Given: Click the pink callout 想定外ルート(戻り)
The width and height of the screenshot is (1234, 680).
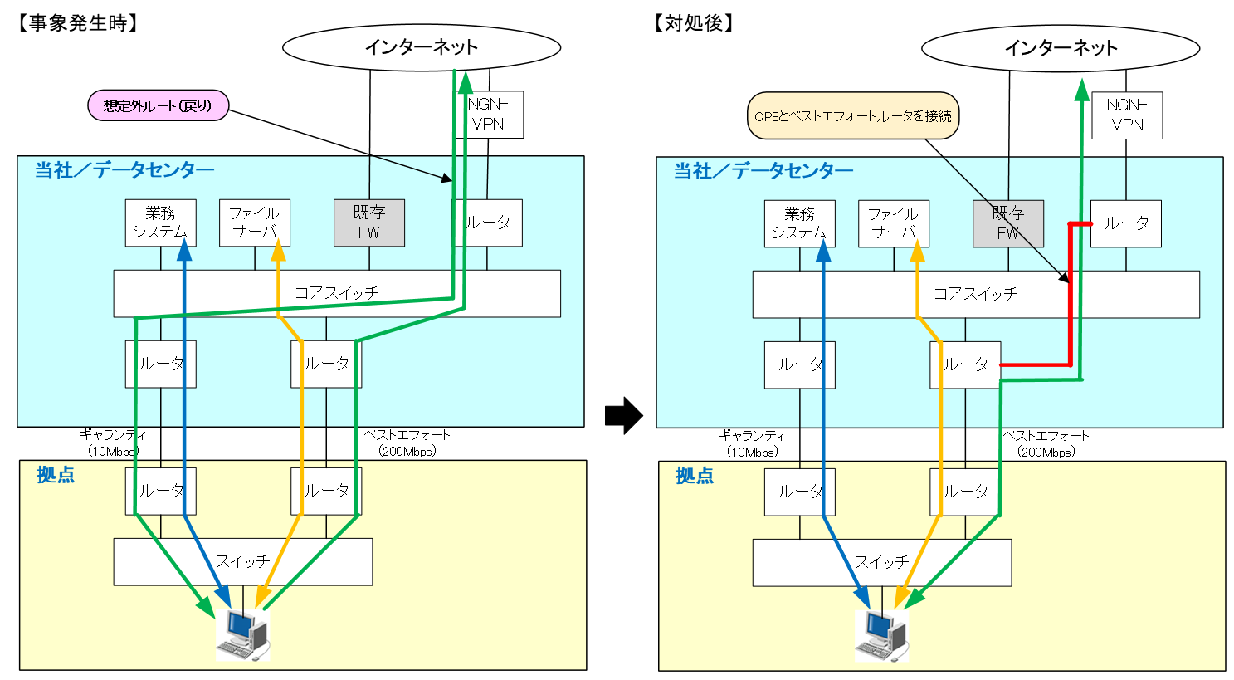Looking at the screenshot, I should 158,105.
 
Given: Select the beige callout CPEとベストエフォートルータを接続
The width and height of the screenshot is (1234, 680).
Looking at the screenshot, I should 853,115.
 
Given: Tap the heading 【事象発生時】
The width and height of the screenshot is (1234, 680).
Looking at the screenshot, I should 76,23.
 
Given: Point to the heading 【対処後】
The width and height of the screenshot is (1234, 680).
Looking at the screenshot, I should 694,23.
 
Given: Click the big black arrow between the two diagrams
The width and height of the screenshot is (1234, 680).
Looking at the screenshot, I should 623,416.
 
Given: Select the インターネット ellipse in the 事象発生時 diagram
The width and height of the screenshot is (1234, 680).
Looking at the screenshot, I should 421,47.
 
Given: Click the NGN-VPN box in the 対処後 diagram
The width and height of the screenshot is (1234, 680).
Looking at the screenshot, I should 1126,115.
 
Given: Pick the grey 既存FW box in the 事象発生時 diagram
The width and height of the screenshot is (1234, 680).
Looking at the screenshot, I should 368,223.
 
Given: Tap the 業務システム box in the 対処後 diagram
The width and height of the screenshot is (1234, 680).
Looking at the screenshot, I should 799,223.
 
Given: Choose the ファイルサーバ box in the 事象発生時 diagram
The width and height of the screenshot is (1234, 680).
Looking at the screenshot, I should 254,223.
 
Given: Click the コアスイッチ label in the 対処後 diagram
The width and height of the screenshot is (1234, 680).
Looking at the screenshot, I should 975,294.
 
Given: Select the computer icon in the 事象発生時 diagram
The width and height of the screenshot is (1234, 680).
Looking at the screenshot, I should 242,635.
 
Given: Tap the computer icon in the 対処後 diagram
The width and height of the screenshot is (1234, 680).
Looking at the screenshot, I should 881,636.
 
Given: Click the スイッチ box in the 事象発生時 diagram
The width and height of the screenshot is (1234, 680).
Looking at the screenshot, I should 242,562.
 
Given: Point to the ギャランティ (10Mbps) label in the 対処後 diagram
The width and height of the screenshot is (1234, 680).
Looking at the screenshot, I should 752,443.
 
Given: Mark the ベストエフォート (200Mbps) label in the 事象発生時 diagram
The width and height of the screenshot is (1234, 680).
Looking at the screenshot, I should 407,443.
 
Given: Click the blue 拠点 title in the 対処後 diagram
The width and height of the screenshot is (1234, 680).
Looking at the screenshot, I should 695,476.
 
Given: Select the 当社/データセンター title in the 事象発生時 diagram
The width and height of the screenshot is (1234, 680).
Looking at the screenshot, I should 124,170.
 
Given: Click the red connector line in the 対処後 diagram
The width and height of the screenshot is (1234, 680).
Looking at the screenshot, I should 1070,316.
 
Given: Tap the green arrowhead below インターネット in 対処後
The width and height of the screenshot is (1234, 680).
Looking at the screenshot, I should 1081,89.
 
